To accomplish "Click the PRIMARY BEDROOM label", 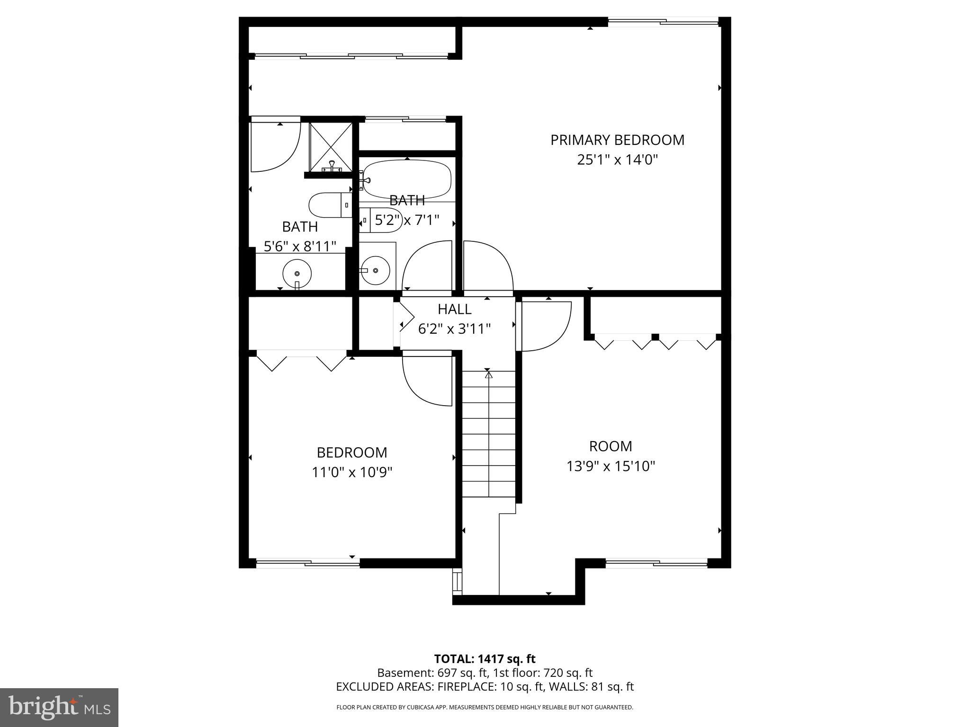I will click(617, 140).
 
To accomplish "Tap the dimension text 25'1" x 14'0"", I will click(617, 160).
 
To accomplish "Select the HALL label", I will click(454, 309).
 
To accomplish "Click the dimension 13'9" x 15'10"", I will click(611, 467).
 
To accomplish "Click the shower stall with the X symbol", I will click(331, 146).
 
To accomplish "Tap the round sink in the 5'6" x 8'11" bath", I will click(297, 274).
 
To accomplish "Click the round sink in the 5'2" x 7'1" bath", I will click(375, 270).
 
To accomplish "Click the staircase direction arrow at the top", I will click(489, 375).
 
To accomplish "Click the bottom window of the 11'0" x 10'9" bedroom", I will click(308, 563).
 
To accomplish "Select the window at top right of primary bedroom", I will click(663, 21).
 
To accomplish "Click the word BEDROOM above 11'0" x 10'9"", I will click(352, 453).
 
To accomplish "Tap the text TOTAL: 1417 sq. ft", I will click(485, 659).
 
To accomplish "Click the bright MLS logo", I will click(59, 707).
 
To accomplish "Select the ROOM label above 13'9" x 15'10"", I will click(611, 446).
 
